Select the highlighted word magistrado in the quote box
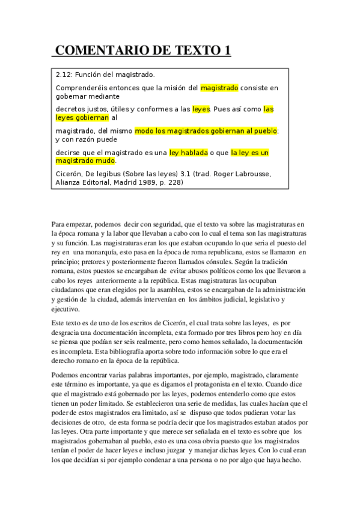tap(219, 88)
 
